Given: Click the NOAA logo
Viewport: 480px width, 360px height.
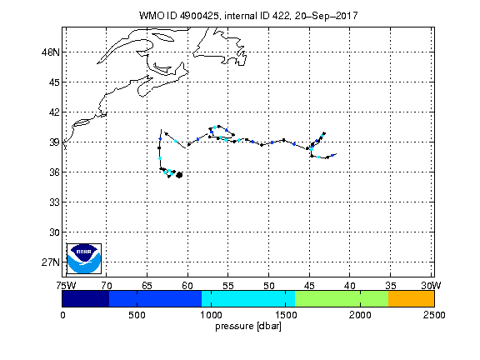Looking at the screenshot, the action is pos(84,258).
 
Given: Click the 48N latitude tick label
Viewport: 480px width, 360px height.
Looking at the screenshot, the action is pos(51,52).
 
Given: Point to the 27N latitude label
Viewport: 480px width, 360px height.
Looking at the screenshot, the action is pos(51,262).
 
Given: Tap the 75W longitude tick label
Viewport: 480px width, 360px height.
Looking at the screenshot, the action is pos(66,286).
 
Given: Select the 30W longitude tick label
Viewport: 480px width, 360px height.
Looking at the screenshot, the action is pos(431,286).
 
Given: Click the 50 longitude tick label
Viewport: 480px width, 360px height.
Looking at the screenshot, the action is pos(269,286).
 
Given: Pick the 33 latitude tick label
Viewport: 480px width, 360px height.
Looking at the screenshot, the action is pos(54,202).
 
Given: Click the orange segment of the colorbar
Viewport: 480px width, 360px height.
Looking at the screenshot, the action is pos(411,299).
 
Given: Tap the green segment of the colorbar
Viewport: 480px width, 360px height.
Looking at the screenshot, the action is pos(342,299).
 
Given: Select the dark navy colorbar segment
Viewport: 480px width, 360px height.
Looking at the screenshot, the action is pos(85,299).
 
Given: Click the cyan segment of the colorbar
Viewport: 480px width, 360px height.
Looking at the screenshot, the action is pos(248,299).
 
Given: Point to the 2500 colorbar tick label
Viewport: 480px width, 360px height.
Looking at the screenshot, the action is pos(434,315).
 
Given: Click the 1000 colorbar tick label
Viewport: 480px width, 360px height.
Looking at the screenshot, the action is pos(211,315).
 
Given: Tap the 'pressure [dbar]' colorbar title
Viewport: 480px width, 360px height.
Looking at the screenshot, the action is pos(248,327).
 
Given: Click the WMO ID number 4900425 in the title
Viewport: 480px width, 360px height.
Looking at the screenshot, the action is pos(199,16).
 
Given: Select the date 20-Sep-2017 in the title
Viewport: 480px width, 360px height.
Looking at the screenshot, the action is pos(327,16).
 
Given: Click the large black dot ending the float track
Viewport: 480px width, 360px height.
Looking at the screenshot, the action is pos(180,175).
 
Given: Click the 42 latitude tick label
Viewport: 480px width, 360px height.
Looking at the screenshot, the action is pos(54,112).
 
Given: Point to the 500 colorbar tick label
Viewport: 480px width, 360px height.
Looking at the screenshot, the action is pos(137,315).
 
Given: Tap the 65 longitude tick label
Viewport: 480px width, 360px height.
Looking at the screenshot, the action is pos(147,286).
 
